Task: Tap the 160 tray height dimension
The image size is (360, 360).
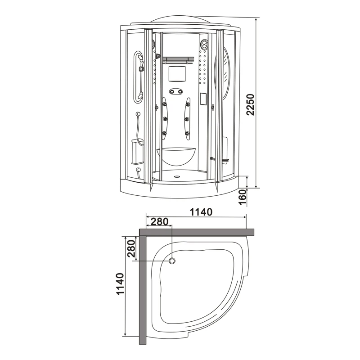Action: [243, 197]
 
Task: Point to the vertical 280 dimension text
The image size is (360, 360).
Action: [131, 248]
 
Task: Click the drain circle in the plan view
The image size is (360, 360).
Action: [172, 261]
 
